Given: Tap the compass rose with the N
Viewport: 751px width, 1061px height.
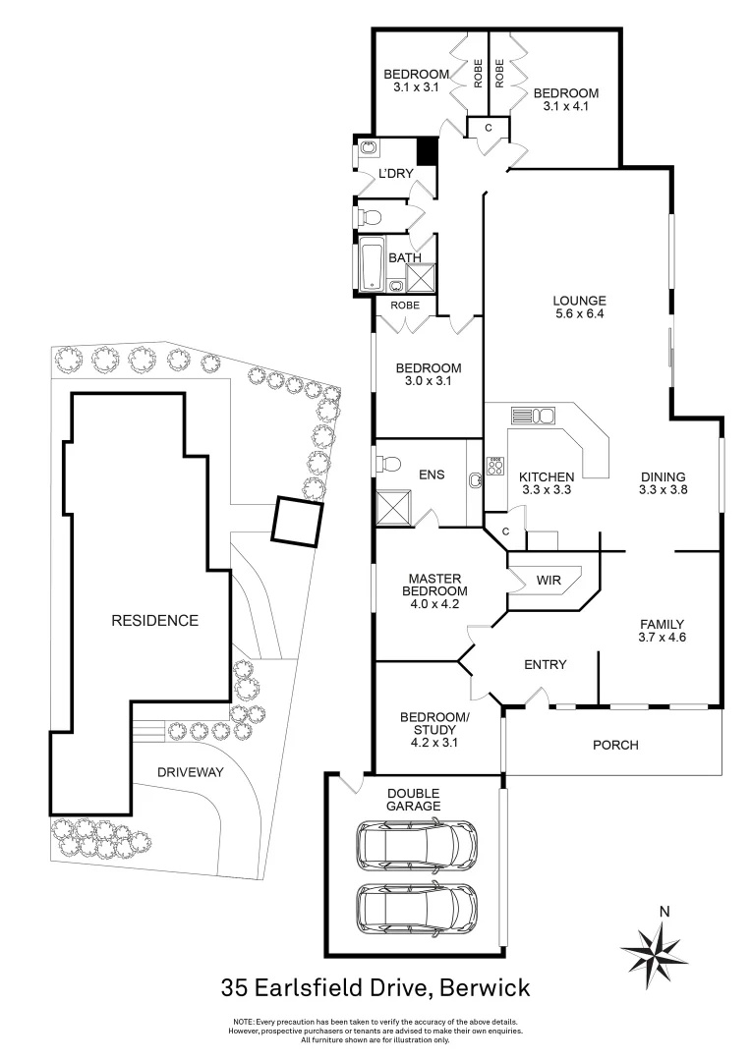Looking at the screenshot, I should [x=654, y=949].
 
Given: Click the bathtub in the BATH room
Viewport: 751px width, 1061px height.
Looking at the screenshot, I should [x=373, y=265].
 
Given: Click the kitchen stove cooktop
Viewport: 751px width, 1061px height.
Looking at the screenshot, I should [x=497, y=467].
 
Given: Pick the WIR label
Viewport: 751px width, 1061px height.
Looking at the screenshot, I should [x=549, y=581].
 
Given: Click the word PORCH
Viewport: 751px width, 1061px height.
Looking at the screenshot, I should [x=615, y=745].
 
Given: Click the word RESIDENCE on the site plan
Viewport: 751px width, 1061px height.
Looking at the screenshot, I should [x=154, y=620].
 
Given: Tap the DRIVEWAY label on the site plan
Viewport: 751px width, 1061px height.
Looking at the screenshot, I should [x=191, y=772].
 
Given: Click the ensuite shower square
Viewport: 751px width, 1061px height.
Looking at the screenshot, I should [x=393, y=507].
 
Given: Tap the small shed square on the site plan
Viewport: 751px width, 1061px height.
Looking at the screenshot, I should [x=296, y=521].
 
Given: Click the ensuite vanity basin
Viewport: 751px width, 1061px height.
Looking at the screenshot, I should [x=477, y=480].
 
